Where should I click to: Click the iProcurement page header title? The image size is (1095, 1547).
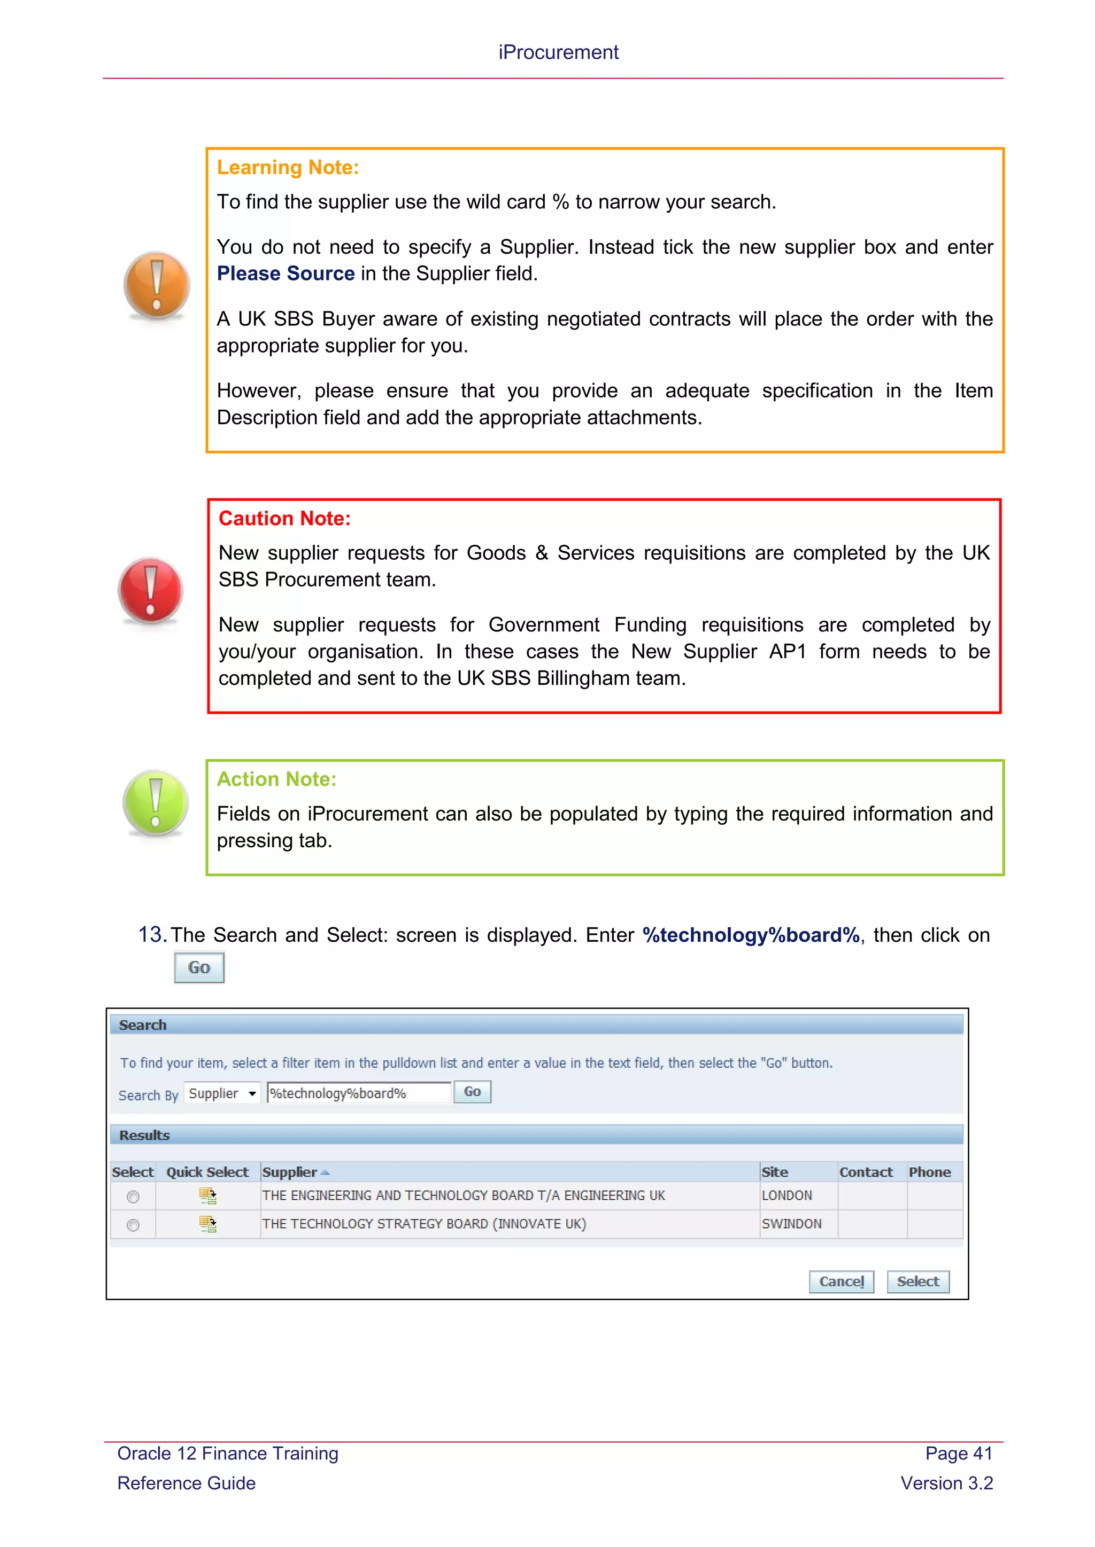558,52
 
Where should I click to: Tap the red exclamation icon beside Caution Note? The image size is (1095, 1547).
150,590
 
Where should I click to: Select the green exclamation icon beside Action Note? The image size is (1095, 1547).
156,802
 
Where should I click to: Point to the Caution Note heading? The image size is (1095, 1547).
284,518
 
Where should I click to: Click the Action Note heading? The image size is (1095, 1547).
276,779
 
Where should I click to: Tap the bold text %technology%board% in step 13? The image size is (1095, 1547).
751,935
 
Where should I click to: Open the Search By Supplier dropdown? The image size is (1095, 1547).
222,1093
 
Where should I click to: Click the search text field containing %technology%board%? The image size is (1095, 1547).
358,1093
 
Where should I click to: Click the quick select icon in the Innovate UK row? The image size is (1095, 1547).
207,1224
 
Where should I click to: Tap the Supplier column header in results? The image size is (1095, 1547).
290,1173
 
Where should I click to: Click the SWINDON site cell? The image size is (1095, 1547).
792,1224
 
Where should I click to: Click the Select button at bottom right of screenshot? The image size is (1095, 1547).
917,1282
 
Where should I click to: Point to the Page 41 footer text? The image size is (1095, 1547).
958,1454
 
